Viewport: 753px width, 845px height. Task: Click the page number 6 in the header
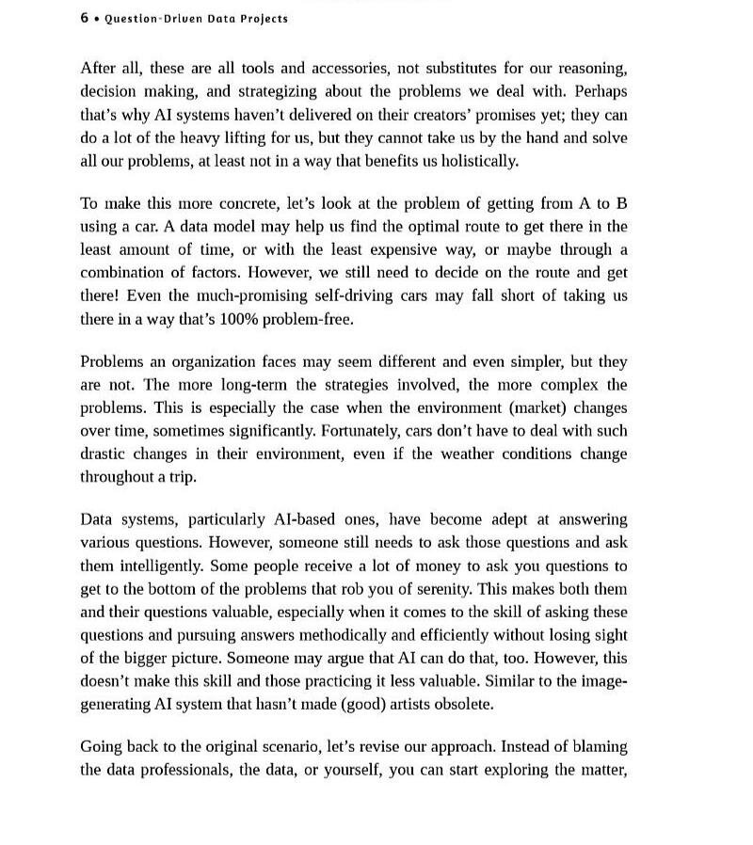[85, 18]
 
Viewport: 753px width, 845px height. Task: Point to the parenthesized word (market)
[534, 407]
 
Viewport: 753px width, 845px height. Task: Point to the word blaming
[599, 746]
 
